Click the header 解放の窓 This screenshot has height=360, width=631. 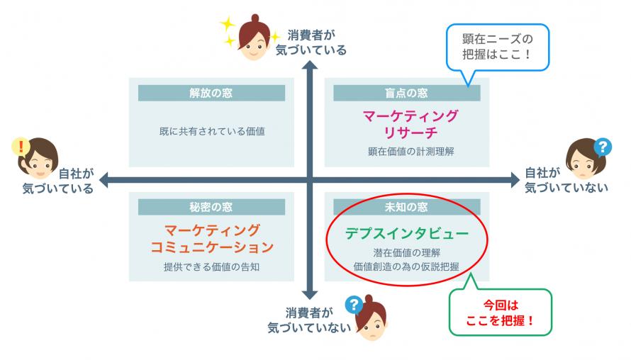coord(211,93)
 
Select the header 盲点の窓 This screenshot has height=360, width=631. coord(406,93)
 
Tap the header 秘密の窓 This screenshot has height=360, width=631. coord(211,207)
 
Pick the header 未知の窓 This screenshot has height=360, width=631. coord(406,207)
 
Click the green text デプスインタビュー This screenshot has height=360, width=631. coord(406,233)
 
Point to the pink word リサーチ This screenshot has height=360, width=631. coord(411,133)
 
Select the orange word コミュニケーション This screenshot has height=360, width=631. coord(212,247)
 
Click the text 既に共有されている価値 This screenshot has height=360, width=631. coord(212,131)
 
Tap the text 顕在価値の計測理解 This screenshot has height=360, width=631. coord(411,151)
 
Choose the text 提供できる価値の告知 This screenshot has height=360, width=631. coord(212,266)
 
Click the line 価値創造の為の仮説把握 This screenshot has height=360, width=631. coord(406,266)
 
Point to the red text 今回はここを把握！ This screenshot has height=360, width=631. coord(501,313)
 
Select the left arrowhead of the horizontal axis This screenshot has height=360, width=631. coord(104,180)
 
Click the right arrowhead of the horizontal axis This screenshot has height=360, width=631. coord(515,180)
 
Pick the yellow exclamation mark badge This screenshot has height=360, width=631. coord(21,147)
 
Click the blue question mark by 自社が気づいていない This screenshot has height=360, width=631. coord(603,147)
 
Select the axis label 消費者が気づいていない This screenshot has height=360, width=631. coord(309,320)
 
